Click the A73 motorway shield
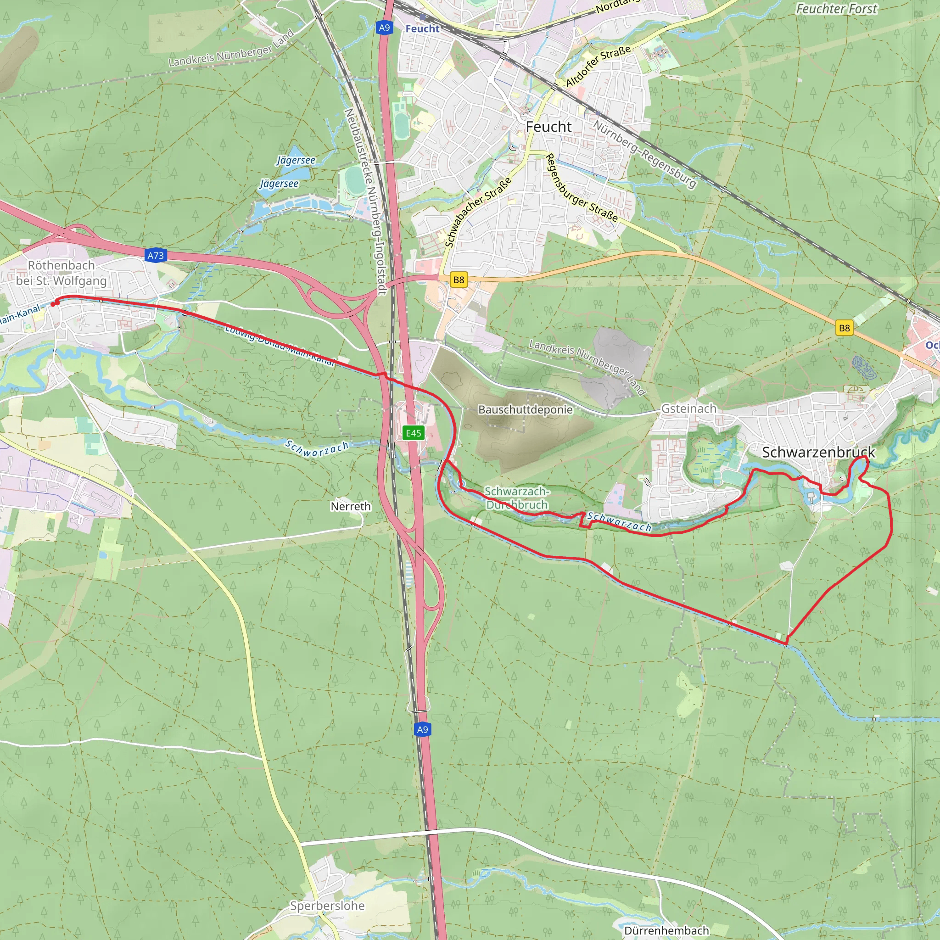coord(156,256)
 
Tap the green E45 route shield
coord(414,433)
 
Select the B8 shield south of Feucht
coord(459,280)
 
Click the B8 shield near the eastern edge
coord(844,328)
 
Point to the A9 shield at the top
coord(384,28)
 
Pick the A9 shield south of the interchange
coord(422,729)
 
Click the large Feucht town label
coord(548,127)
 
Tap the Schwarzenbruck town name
coord(818,452)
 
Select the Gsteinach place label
coord(688,408)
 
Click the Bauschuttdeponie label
coord(525,410)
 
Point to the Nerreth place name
coord(350,507)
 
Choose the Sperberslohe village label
coord(327,906)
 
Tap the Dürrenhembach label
coord(666,930)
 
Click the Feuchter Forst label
coord(836,9)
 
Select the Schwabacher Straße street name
coord(478,212)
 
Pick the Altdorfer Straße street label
coord(598,66)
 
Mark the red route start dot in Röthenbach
coord(54,304)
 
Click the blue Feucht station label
coord(422,29)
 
